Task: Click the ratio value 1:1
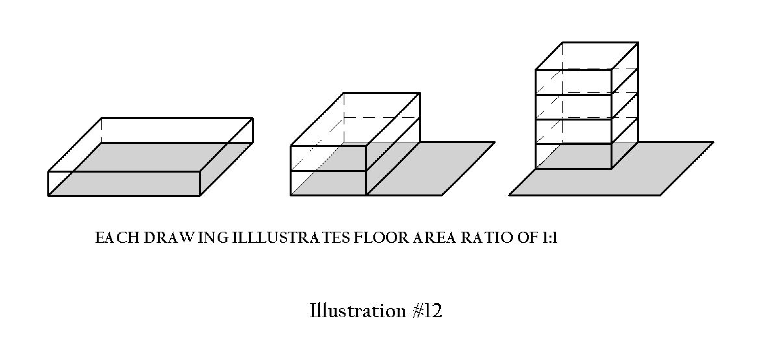click(550, 238)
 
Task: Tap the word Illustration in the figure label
click(357, 311)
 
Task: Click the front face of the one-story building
click(124, 184)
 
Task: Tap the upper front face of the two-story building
click(328, 158)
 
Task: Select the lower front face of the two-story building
click(328, 183)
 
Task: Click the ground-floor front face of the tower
click(573, 157)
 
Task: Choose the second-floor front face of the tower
click(573, 132)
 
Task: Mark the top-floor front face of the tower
click(573, 82)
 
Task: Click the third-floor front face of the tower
click(573, 107)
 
